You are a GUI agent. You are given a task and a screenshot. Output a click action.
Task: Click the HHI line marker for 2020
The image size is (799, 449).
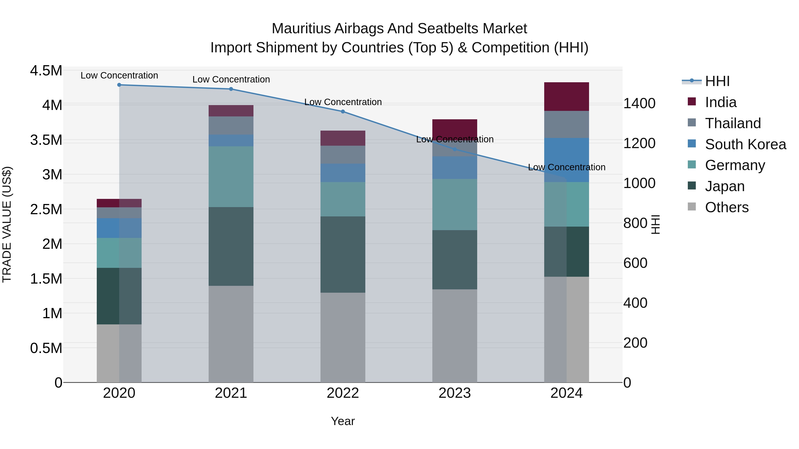(119, 85)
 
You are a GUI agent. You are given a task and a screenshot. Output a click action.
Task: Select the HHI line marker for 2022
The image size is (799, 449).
(343, 112)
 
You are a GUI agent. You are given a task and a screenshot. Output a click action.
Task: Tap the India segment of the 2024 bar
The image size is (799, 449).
(566, 96)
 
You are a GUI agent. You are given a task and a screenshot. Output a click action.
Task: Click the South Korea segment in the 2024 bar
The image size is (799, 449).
(566, 160)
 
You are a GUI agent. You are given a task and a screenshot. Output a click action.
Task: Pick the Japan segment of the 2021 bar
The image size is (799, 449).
(231, 246)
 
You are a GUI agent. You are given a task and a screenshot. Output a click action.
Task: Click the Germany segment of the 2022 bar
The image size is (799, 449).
(343, 199)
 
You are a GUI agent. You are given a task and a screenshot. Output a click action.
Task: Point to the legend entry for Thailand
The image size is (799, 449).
(733, 123)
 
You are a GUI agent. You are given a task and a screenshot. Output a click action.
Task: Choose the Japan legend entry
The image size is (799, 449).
(725, 186)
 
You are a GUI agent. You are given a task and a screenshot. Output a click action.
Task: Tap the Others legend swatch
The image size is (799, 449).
(692, 207)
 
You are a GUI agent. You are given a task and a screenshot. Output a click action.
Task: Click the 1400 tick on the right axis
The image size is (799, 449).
(639, 104)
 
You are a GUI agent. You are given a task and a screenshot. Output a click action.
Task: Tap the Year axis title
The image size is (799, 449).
(343, 421)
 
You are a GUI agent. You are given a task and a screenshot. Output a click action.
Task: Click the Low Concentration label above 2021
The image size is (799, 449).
(231, 79)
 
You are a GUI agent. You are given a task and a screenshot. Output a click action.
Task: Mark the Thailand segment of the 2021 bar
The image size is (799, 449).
(231, 125)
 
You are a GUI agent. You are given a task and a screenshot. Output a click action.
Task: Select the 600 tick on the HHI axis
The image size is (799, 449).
(635, 263)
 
